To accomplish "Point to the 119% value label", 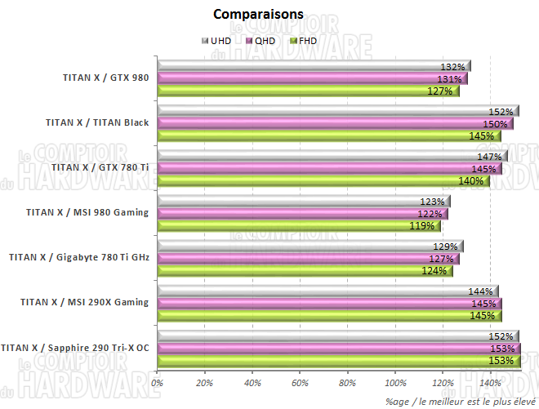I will click(422, 226).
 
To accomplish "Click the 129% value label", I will click(445, 247).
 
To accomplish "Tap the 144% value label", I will click(480, 291).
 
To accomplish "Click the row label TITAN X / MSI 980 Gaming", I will click(87, 213).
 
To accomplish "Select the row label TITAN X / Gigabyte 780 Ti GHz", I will click(79, 257).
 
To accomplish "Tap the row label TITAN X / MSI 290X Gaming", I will click(85, 303).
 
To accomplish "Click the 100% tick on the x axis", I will click(395, 383).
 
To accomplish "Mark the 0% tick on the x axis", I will click(158, 383).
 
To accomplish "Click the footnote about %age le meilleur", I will click(461, 400).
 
